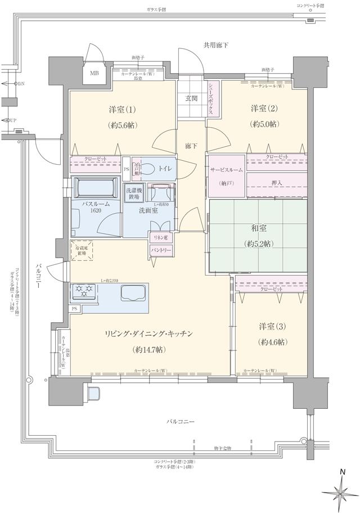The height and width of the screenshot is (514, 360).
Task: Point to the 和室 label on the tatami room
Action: point(258,229)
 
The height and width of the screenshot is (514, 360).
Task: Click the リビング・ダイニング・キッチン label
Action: point(149,334)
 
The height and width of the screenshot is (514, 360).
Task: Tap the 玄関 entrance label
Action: point(191,98)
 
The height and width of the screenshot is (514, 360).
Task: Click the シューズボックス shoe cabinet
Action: point(211,98)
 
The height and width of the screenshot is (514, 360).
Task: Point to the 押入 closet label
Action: point(277,182)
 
